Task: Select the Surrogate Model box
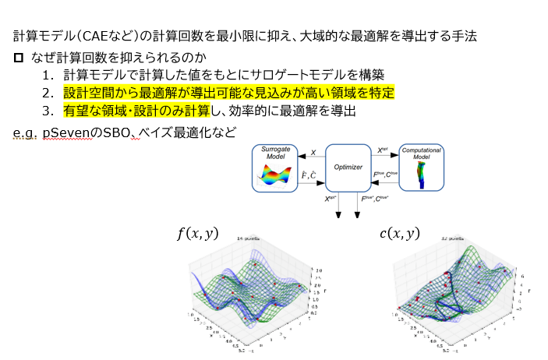click(x=275, y=168)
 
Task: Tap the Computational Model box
click(x=421, y=168)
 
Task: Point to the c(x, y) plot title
click(x=399, y=232)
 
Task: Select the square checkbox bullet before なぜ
click(x=19, y=58)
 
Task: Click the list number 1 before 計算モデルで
click(x=48, y=76)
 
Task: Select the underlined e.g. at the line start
click(x=26, y=132)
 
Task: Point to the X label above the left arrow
click(x=313, y=153)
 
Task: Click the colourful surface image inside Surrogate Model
click(x=275, y=178)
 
